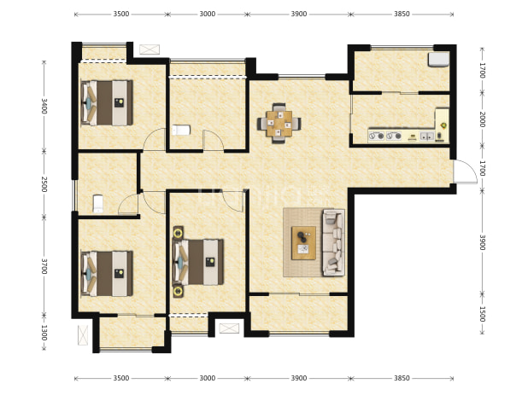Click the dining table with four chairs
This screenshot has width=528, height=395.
click(x=279, y=124)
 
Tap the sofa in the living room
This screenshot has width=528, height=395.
click(x=334, y=242)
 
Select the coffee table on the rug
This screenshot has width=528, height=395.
click(x=304, y=243)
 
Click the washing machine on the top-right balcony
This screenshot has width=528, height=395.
click(x=438, y=60)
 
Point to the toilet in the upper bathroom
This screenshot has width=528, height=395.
click(x=181, y=130)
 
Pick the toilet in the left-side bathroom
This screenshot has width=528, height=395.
click(x=97, y=204)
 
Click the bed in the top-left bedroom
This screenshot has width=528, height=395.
click(x=107, y=102)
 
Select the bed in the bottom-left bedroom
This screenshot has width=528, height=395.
click(x=107, y=274)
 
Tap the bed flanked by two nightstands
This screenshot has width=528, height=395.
click(x=198, y=262)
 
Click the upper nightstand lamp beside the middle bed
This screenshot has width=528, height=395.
click(x=178, y=232)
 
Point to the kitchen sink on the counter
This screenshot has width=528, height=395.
click(x=426, y=137)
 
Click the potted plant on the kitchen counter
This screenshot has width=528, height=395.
click(x=443, y=125)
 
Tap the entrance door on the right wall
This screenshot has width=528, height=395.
click(x=465, y=171)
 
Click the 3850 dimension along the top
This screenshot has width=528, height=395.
click(x=402, y=15)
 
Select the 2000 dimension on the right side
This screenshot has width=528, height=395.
click(x=482, y=119)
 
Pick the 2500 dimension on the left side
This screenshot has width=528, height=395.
click(x=44, y=184)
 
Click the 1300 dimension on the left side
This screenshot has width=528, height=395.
click(x=44, y=333)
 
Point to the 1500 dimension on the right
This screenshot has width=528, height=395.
click(x=482, y=314)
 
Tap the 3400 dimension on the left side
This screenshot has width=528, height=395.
click(x=44, y=106)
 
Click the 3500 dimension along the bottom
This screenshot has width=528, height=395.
click(x=120, y=378)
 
